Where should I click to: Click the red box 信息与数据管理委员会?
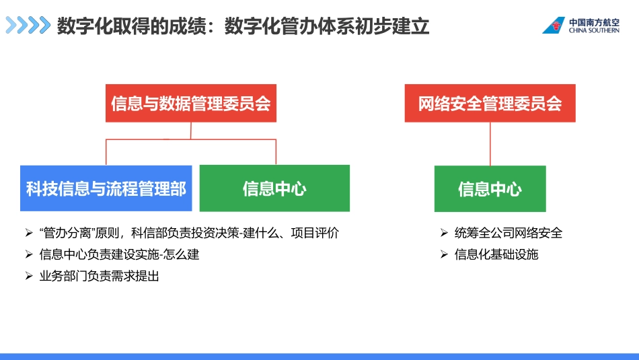point(190,104)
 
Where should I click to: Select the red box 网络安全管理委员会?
point(490,104)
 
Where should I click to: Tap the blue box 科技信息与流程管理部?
point(106,188)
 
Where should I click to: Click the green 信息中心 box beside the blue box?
point(274,188)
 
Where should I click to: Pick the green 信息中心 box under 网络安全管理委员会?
point(490,189)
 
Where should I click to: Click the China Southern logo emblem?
point(554,26)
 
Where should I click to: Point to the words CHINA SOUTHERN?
point(594,30)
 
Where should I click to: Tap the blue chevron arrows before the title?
point(28,26)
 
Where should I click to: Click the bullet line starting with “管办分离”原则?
point(189,233)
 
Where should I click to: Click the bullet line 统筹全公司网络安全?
point(508,233)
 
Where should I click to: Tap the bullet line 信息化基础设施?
point(496,254)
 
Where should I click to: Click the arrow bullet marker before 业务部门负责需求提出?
point(28,276)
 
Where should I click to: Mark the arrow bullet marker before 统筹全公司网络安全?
point(444,233)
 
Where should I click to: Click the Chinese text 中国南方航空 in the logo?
point(594,21)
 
